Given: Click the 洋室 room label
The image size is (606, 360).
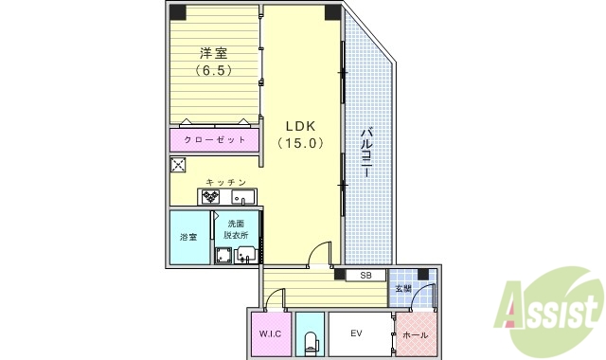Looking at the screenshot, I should (x=215, y=54).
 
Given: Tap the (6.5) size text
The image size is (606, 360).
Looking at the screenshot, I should (x=215, y=71).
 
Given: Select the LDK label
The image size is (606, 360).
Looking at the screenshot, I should (x=301, y=125).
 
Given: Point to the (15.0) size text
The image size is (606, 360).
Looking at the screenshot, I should (x=301, y=143).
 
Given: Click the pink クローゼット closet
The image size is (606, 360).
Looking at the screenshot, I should (x=215, y=139).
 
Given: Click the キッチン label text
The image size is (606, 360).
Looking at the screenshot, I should (x=226, y=182).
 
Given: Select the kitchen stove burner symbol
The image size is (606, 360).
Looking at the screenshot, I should (x=210, y=198).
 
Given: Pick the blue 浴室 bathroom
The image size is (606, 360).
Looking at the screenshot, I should (x=188, y=237).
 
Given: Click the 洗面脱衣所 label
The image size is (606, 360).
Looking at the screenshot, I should (x=237, y=228).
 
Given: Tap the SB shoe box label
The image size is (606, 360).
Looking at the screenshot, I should (x=365, y=276).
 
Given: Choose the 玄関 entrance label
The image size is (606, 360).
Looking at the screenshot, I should (x=403, y=288).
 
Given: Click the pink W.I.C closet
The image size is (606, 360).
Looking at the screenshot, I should (x=267, y=334).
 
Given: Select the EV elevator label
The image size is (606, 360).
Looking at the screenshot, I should (x=357, y=333).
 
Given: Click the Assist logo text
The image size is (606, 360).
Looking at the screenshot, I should (x=553, y=309).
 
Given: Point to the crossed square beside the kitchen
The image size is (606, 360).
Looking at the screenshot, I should (x=177, y=165).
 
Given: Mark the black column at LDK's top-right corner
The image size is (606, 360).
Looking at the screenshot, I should (x=331, y=12).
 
